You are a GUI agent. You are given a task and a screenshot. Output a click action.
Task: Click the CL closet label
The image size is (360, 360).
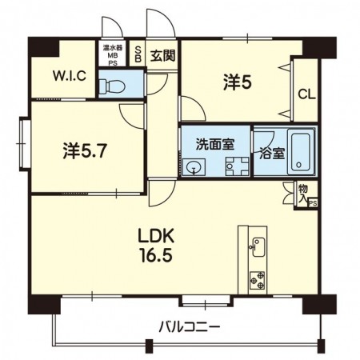[306, 94]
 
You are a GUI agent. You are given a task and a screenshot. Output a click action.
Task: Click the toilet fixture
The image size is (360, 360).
[114, 83]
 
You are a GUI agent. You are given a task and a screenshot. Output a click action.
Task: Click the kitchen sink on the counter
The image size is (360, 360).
[257, 248]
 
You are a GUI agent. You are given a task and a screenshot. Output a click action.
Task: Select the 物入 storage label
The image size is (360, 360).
[302, 191]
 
